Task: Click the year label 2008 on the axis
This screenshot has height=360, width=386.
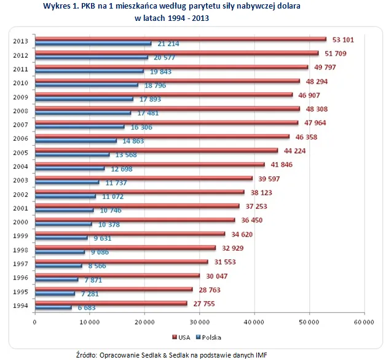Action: pyautogui.click(x=20, y=111)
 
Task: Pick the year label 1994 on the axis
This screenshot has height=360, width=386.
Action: pyautogui.click(x=20, y=305)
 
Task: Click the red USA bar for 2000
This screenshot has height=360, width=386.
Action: pyautogui.click(x=135, y=219)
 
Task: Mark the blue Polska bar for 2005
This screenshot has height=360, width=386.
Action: pyautogui.click(x=72, y=154)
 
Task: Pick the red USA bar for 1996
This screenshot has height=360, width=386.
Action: pyautogui.click(x=117, y=275)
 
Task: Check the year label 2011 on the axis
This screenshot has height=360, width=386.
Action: pyautogui.click(x=20, y=69)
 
